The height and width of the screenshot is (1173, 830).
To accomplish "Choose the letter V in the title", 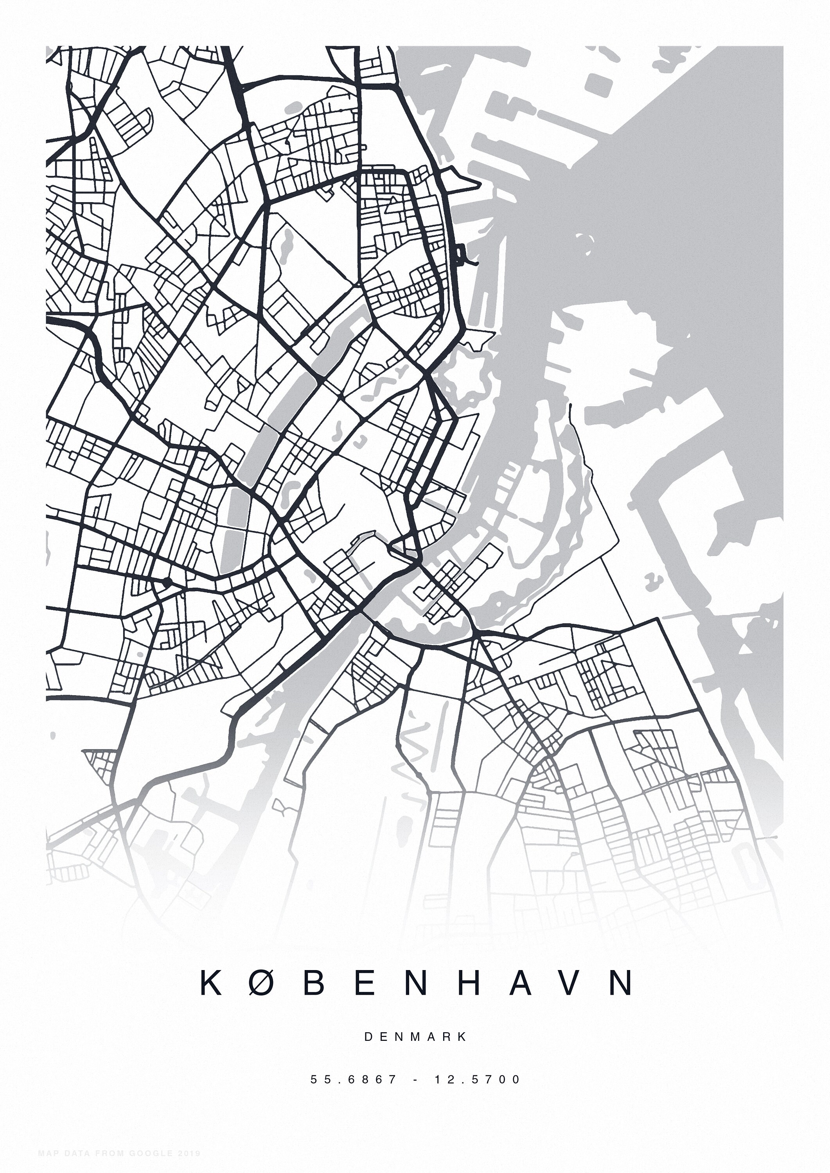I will click(x=571, y=982).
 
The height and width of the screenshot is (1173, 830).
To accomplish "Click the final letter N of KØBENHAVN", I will click(x=622, y=982).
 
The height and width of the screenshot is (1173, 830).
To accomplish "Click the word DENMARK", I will click(x=415, y=1037).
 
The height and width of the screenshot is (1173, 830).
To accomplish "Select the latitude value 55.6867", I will click(x=354, y=1079).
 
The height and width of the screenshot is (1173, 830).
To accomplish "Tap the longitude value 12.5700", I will click(x=477, y=1079).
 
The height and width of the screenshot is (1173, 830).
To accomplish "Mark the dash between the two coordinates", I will click(x=415, y=1079).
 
